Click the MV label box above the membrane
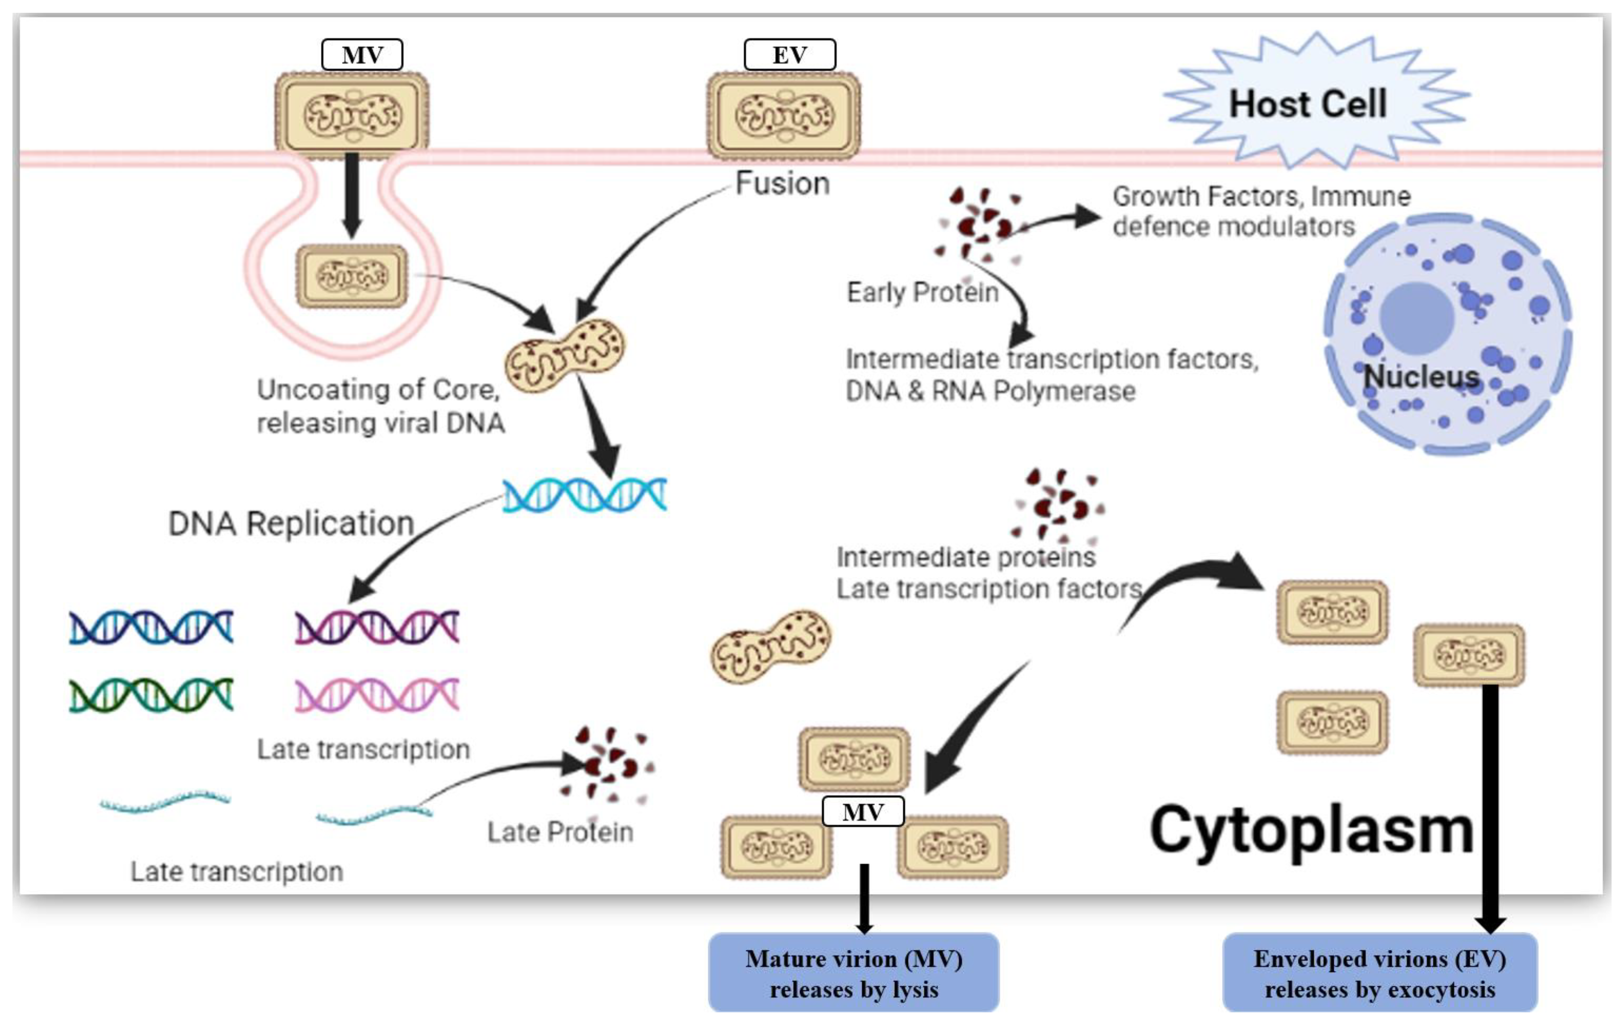click(x=362, y=55)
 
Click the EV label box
click(x=790, y=55)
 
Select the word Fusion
click(x=782, y=184)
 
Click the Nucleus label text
click(x=1421, y=376)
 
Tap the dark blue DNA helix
click(x=151, y=627)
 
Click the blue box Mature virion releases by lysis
click(x=854, y=973)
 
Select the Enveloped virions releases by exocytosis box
click(x=1380, y=973)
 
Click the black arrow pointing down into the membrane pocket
click(x=351, y=196)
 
